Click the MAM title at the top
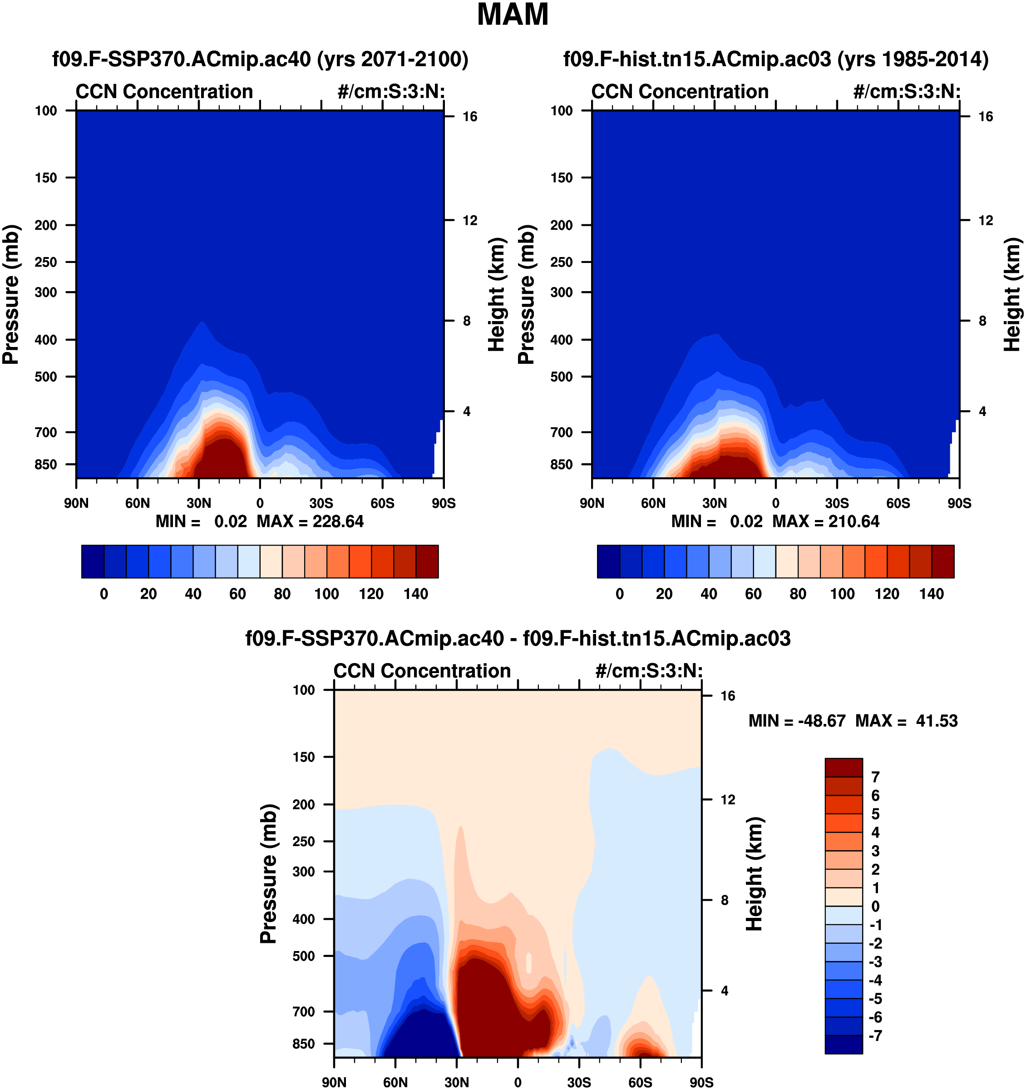(513, 15)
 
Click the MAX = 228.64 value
(310, 521)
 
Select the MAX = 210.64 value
(826, 521)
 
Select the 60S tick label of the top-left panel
(382, 503)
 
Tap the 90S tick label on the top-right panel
(959, 503)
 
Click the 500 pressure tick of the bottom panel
(304, 956)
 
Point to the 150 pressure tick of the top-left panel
(46, 178)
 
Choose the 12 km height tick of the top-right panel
(986, 220)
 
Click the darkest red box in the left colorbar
(427, 561)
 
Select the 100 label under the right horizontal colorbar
(843, 594)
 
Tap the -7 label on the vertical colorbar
(876, 1035)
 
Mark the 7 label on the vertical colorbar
(875, 777)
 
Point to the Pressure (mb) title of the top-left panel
(11, 294)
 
